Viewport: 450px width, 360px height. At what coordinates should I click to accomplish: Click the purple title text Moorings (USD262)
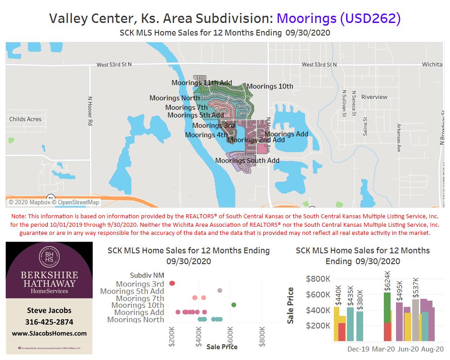point(338,18)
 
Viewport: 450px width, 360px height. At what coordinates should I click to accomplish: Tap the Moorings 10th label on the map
point(270,86)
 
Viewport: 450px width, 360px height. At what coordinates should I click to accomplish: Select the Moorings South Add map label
point(247,161)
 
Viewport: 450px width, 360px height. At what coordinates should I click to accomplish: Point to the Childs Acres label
point(25,119)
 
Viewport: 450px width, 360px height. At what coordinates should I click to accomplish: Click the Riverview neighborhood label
point(374,97)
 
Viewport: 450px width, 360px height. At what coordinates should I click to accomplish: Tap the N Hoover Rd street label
point(90,110)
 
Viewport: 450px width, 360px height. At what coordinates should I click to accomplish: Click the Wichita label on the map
point(432,64)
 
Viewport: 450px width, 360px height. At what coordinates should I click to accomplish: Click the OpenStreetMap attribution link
point(79,202)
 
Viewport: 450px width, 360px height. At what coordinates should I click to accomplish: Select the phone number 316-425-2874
point(49,322)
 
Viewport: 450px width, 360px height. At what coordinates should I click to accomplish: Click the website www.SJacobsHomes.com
point(49,333)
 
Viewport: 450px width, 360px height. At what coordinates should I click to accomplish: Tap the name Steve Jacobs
point(49,310)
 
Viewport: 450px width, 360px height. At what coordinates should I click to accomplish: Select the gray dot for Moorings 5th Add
point(220,291)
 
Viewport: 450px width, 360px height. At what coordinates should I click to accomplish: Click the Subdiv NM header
point(147,275)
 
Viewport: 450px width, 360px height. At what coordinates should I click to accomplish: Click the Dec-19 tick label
point(359,349)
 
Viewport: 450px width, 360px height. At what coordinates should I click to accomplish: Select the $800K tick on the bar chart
point(318,279)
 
